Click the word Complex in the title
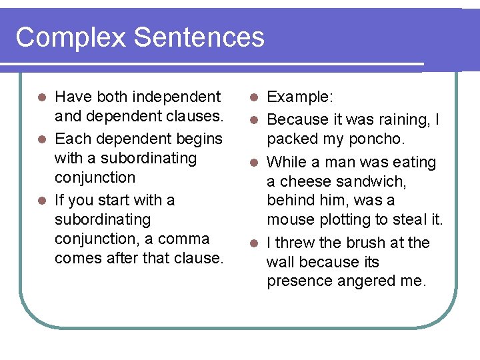[70, 37]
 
